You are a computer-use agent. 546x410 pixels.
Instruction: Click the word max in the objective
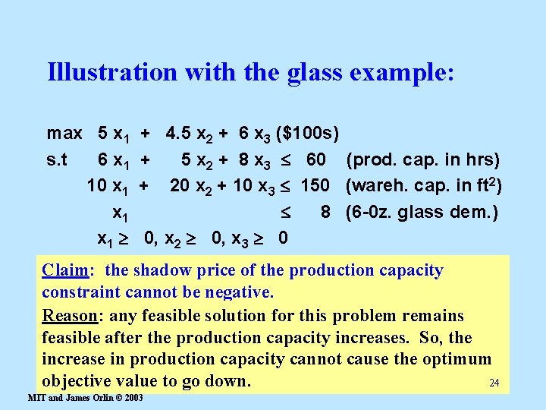[x=64, y=134]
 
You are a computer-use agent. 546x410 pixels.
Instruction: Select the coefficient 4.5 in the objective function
[x=179, y=134]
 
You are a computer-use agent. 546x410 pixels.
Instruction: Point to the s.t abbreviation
[x=57, y=160]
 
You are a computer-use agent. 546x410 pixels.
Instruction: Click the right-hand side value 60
[x=316, y=160]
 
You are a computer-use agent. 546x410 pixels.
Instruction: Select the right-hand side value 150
[x=315, y=186]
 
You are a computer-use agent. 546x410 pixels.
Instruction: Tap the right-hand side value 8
[x=325, y=212]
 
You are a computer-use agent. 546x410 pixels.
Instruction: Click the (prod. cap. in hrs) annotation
[x=422, y=160]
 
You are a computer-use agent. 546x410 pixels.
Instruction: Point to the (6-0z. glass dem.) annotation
[x=422, y=212]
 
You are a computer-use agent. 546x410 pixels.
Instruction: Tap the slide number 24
[x=495, y=382]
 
